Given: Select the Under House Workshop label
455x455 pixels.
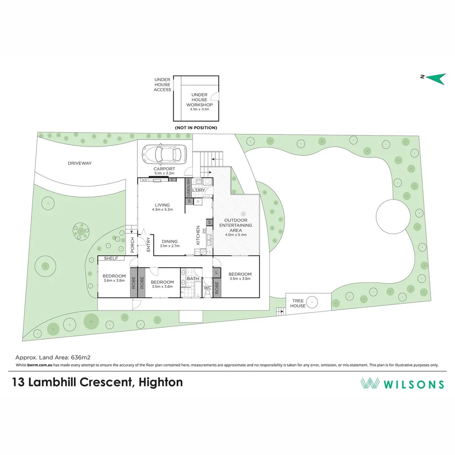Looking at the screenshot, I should pos(199,100).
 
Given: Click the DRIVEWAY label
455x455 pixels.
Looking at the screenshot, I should pos(80,163).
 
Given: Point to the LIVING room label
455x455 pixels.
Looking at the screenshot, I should pos(162,205).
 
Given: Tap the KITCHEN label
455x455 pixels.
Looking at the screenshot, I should pos(198,236).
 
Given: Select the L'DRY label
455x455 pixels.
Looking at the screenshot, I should pos(198,190).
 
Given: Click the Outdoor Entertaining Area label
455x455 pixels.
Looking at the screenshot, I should pos(238,225).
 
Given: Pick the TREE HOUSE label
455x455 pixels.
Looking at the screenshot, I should pos(297,303).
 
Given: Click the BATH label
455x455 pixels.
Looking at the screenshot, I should pos(193,278).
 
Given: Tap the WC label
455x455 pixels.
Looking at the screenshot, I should pos(207,288).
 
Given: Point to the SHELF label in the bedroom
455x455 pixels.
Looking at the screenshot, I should pos(111,258).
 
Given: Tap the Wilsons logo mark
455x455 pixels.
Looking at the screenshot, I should pos(370,383).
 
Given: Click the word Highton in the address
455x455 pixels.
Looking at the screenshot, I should pos(162,383).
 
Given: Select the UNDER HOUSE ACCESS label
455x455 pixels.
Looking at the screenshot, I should pos(162,84).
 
